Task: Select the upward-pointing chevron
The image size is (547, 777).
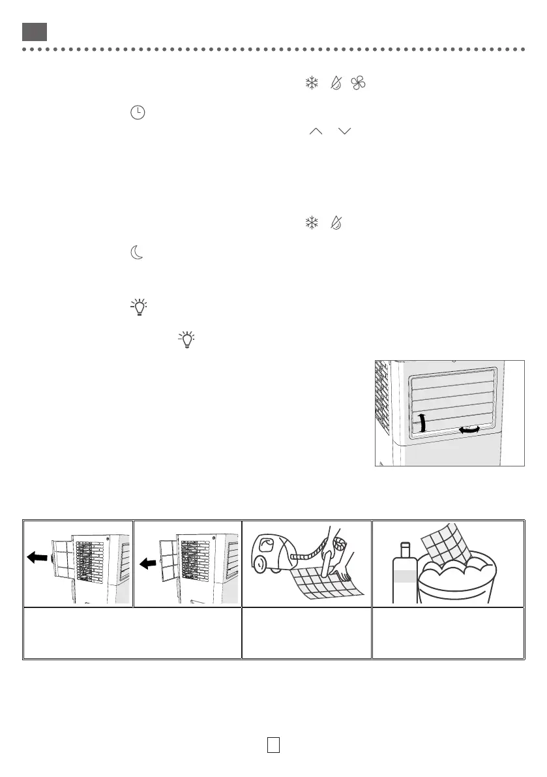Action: point(316,132)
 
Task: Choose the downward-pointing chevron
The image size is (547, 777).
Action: point(345,132)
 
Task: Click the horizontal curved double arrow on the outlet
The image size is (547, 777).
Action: point(471,430)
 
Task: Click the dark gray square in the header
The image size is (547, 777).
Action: point(34,31)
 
